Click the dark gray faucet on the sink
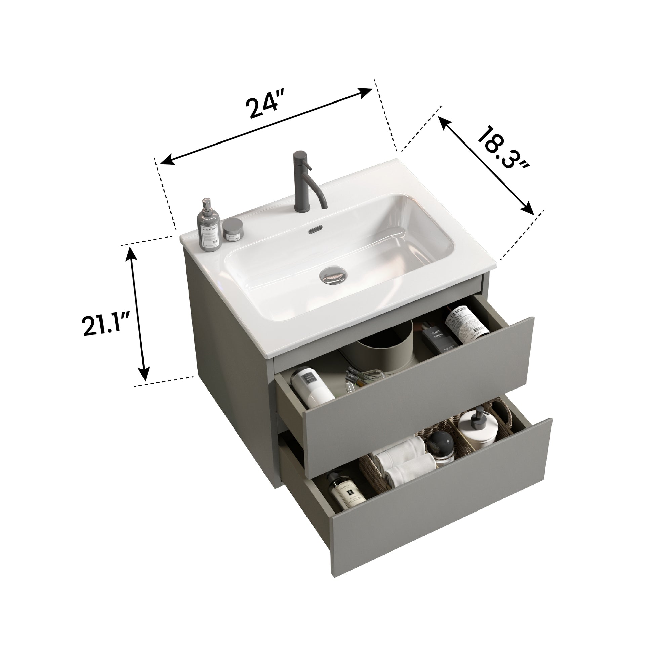(303, 183)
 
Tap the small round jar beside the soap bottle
(233, 230)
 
